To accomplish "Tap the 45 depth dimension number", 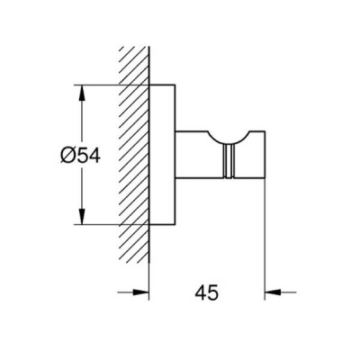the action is click(207, 292).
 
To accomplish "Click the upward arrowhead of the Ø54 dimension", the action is click(82, 94).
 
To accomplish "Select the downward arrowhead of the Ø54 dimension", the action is click(82, 215).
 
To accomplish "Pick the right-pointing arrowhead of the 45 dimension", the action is click(140, 292).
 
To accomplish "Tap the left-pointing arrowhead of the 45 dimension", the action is click(273, 292).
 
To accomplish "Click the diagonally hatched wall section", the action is click(134, 156).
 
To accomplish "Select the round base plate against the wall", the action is click(162, 155).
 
